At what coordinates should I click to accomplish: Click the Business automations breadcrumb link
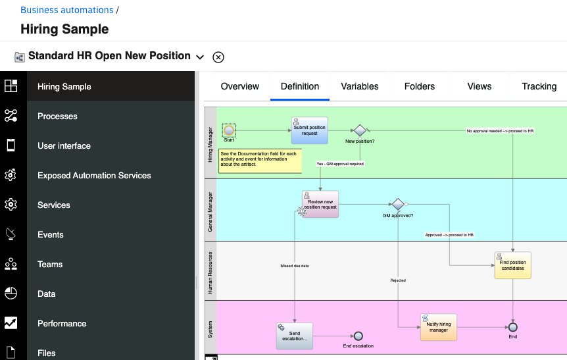click(x=67, y=10)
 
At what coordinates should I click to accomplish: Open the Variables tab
click(x=359, y=86)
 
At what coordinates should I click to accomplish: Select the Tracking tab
click(x=539, y=86)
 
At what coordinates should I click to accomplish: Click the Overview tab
click(x=239, y=86)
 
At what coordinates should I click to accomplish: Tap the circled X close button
click(x=218, y=57)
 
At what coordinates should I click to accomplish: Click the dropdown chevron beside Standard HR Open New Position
click(x=200, y=57)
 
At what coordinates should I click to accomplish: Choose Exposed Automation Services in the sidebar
click(x=94, y=176)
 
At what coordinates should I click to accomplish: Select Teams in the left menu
click(x=50, y=264)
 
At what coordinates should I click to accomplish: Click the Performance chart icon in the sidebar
click(x=11, y=322)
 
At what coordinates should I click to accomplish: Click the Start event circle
click(x=229, y=130)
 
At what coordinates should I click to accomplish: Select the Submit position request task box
click(x=310, y=130)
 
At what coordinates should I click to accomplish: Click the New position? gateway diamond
click(x=360, y=130)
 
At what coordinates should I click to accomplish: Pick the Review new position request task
click(x=320, y=205)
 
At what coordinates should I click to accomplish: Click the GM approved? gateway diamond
click(x=398, y=204)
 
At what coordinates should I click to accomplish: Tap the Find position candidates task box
click(x=513, y=265)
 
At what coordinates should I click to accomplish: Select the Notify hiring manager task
click(x=439, y=327)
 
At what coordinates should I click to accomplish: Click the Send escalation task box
click(x=294, y=336)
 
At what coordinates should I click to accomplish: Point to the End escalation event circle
click(x=358, y=336)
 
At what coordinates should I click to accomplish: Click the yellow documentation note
click(x=260, y=161)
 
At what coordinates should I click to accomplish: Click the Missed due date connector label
click(x=295, y=266)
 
